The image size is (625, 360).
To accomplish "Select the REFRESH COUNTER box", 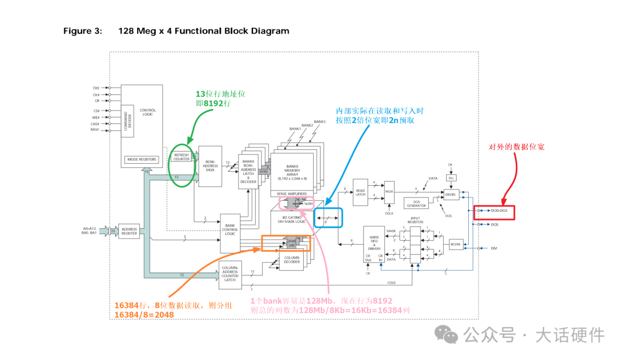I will [181, 156].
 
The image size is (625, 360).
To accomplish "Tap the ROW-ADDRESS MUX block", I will [211, 166].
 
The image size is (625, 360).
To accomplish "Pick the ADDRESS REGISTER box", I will [130, 232].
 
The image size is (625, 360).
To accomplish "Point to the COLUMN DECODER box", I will [292, 260].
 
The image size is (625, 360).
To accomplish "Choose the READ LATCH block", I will [361, 192].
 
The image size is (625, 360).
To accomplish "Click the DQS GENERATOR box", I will [417, 203].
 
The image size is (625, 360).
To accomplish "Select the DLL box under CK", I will [450, 177].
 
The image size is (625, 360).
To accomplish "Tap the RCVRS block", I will [457, 244].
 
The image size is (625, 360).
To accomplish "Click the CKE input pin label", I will [96, 87].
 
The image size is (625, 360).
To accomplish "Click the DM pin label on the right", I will [494, 248].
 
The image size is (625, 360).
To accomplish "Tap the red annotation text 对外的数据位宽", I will [517, 147].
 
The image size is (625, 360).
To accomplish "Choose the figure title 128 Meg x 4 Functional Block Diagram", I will [204, 31].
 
